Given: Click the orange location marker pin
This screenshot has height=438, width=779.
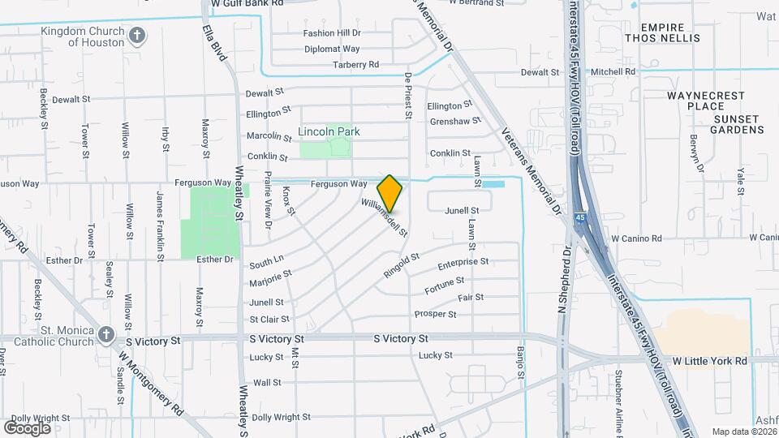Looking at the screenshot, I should [x=389, y=193].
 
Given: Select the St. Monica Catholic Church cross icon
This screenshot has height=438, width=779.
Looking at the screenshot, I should [x=106, y=334].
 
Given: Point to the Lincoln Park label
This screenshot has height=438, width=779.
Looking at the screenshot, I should [x=329, y=131].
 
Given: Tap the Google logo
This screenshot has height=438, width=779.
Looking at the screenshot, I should [x=27, y=427].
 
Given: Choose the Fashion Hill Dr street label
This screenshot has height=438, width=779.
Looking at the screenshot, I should [x=332, y=33].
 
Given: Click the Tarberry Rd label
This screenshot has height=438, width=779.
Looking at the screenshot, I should [x=355, y=64].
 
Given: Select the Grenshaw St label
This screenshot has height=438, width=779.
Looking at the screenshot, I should [x=450, y=121].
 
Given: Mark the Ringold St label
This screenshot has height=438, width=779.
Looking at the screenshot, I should [x=401, y=265].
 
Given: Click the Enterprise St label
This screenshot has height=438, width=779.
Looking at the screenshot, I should [x=463, y=263].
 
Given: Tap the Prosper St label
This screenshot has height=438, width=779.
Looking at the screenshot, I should [x=435, y=314].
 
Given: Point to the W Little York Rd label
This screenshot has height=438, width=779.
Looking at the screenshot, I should [x=709, y=360].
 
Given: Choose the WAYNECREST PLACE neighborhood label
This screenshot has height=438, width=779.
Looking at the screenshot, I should [x=704, y=101].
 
